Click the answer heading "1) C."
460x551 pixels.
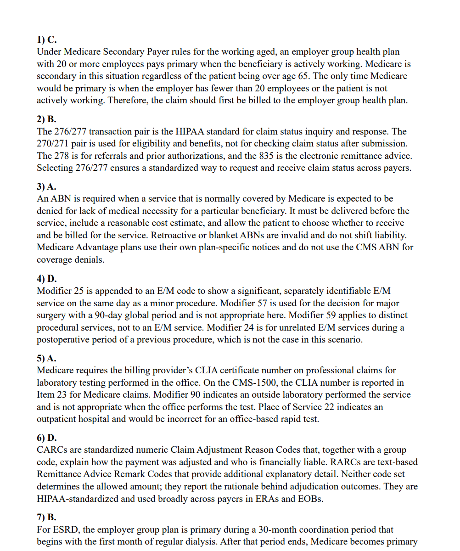(46, 40)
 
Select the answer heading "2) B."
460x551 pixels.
(46, 119)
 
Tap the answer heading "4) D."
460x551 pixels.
(47, 279)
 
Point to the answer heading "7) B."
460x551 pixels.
(46, 517)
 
